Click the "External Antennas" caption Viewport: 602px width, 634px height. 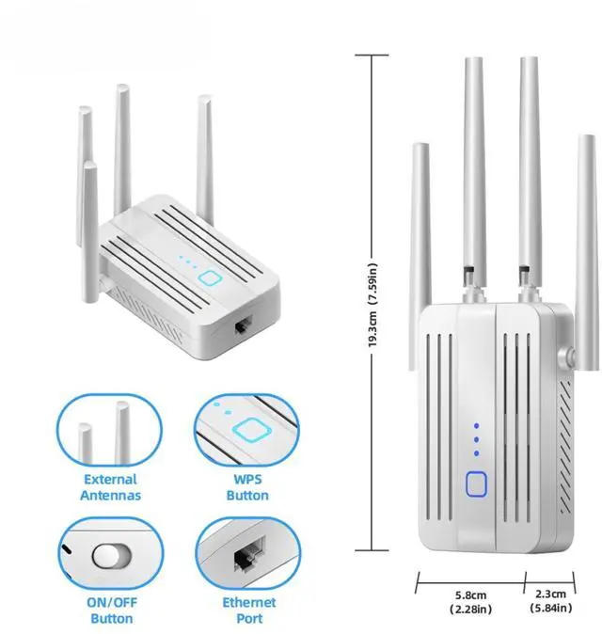click(111, 487)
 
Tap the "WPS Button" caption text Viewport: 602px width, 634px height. click(248, 487)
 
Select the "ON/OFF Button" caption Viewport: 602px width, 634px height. click(111, 610)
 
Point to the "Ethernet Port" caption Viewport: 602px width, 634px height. click(249, 610)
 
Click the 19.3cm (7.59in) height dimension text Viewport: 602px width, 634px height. click(373, 302)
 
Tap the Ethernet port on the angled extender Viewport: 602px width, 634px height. click(242, 327)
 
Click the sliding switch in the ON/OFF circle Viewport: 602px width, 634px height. click(110, 555)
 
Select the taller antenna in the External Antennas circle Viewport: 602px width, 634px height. click(122, 433)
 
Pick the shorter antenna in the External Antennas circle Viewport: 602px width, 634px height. click(86, 443)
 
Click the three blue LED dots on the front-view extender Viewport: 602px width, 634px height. click(477, 438)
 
